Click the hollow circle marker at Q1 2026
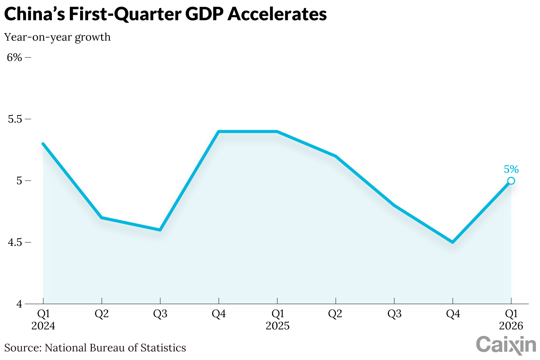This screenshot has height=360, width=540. [x=511, y=181]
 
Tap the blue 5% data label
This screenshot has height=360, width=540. [x=511, y=169]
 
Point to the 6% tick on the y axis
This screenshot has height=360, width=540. [x=15, y=57]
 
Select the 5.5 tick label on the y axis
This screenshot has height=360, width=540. [x=15, y=119]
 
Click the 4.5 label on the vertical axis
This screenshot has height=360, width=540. [x=15, y=242]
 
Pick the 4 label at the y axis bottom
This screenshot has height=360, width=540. [x=19, y=304]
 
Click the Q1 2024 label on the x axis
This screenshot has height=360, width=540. [x=43, y=320]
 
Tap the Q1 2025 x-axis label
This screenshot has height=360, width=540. [x=278, y=320]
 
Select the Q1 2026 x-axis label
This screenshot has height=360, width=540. [x=511, y=320]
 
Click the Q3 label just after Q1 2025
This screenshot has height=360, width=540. [x=394, y=314]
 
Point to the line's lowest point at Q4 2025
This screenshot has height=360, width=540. [x=453, y=242]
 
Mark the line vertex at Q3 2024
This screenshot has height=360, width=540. [x=160, y=230]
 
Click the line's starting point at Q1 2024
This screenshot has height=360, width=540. [x=43, y=144]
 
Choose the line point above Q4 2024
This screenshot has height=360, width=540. [x=219, y=132]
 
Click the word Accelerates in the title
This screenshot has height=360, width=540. [x=277, y=14]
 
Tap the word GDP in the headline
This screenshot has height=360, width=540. [x=204, y=14]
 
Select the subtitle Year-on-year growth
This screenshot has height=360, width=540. [x=57, y=37]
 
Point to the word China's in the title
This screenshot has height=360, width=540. [x=34, y=14]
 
